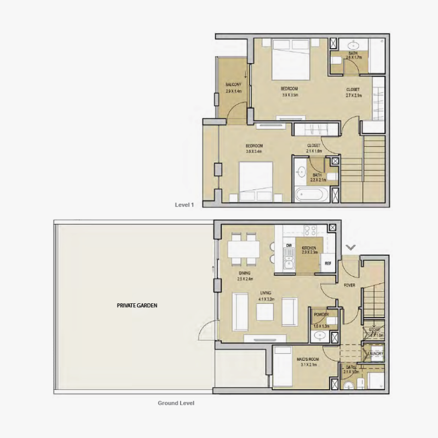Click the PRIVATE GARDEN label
pyautogui.click(x=137, y=306)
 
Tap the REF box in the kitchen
pyautogui.click(x=328, y=263)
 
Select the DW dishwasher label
pyautogui.click(x=289, y=245)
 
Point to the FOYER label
pyautogui.click(x=349, y=285)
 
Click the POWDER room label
pyautogui.click(x=321, y=315)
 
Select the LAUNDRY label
pyautogui.click(x=376, y=354)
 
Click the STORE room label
pyautogui.click(x=374, y=330)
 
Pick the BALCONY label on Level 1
pyautogui.click(x=233, y=84)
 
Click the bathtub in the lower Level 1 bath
pyautogui.click(x=310, y=194)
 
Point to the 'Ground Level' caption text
pyautogui.click(x=176, y=403)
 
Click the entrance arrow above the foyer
pyautogui.click(x=350, y=247)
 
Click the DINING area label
pyautogui.click(x=244, y=273)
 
